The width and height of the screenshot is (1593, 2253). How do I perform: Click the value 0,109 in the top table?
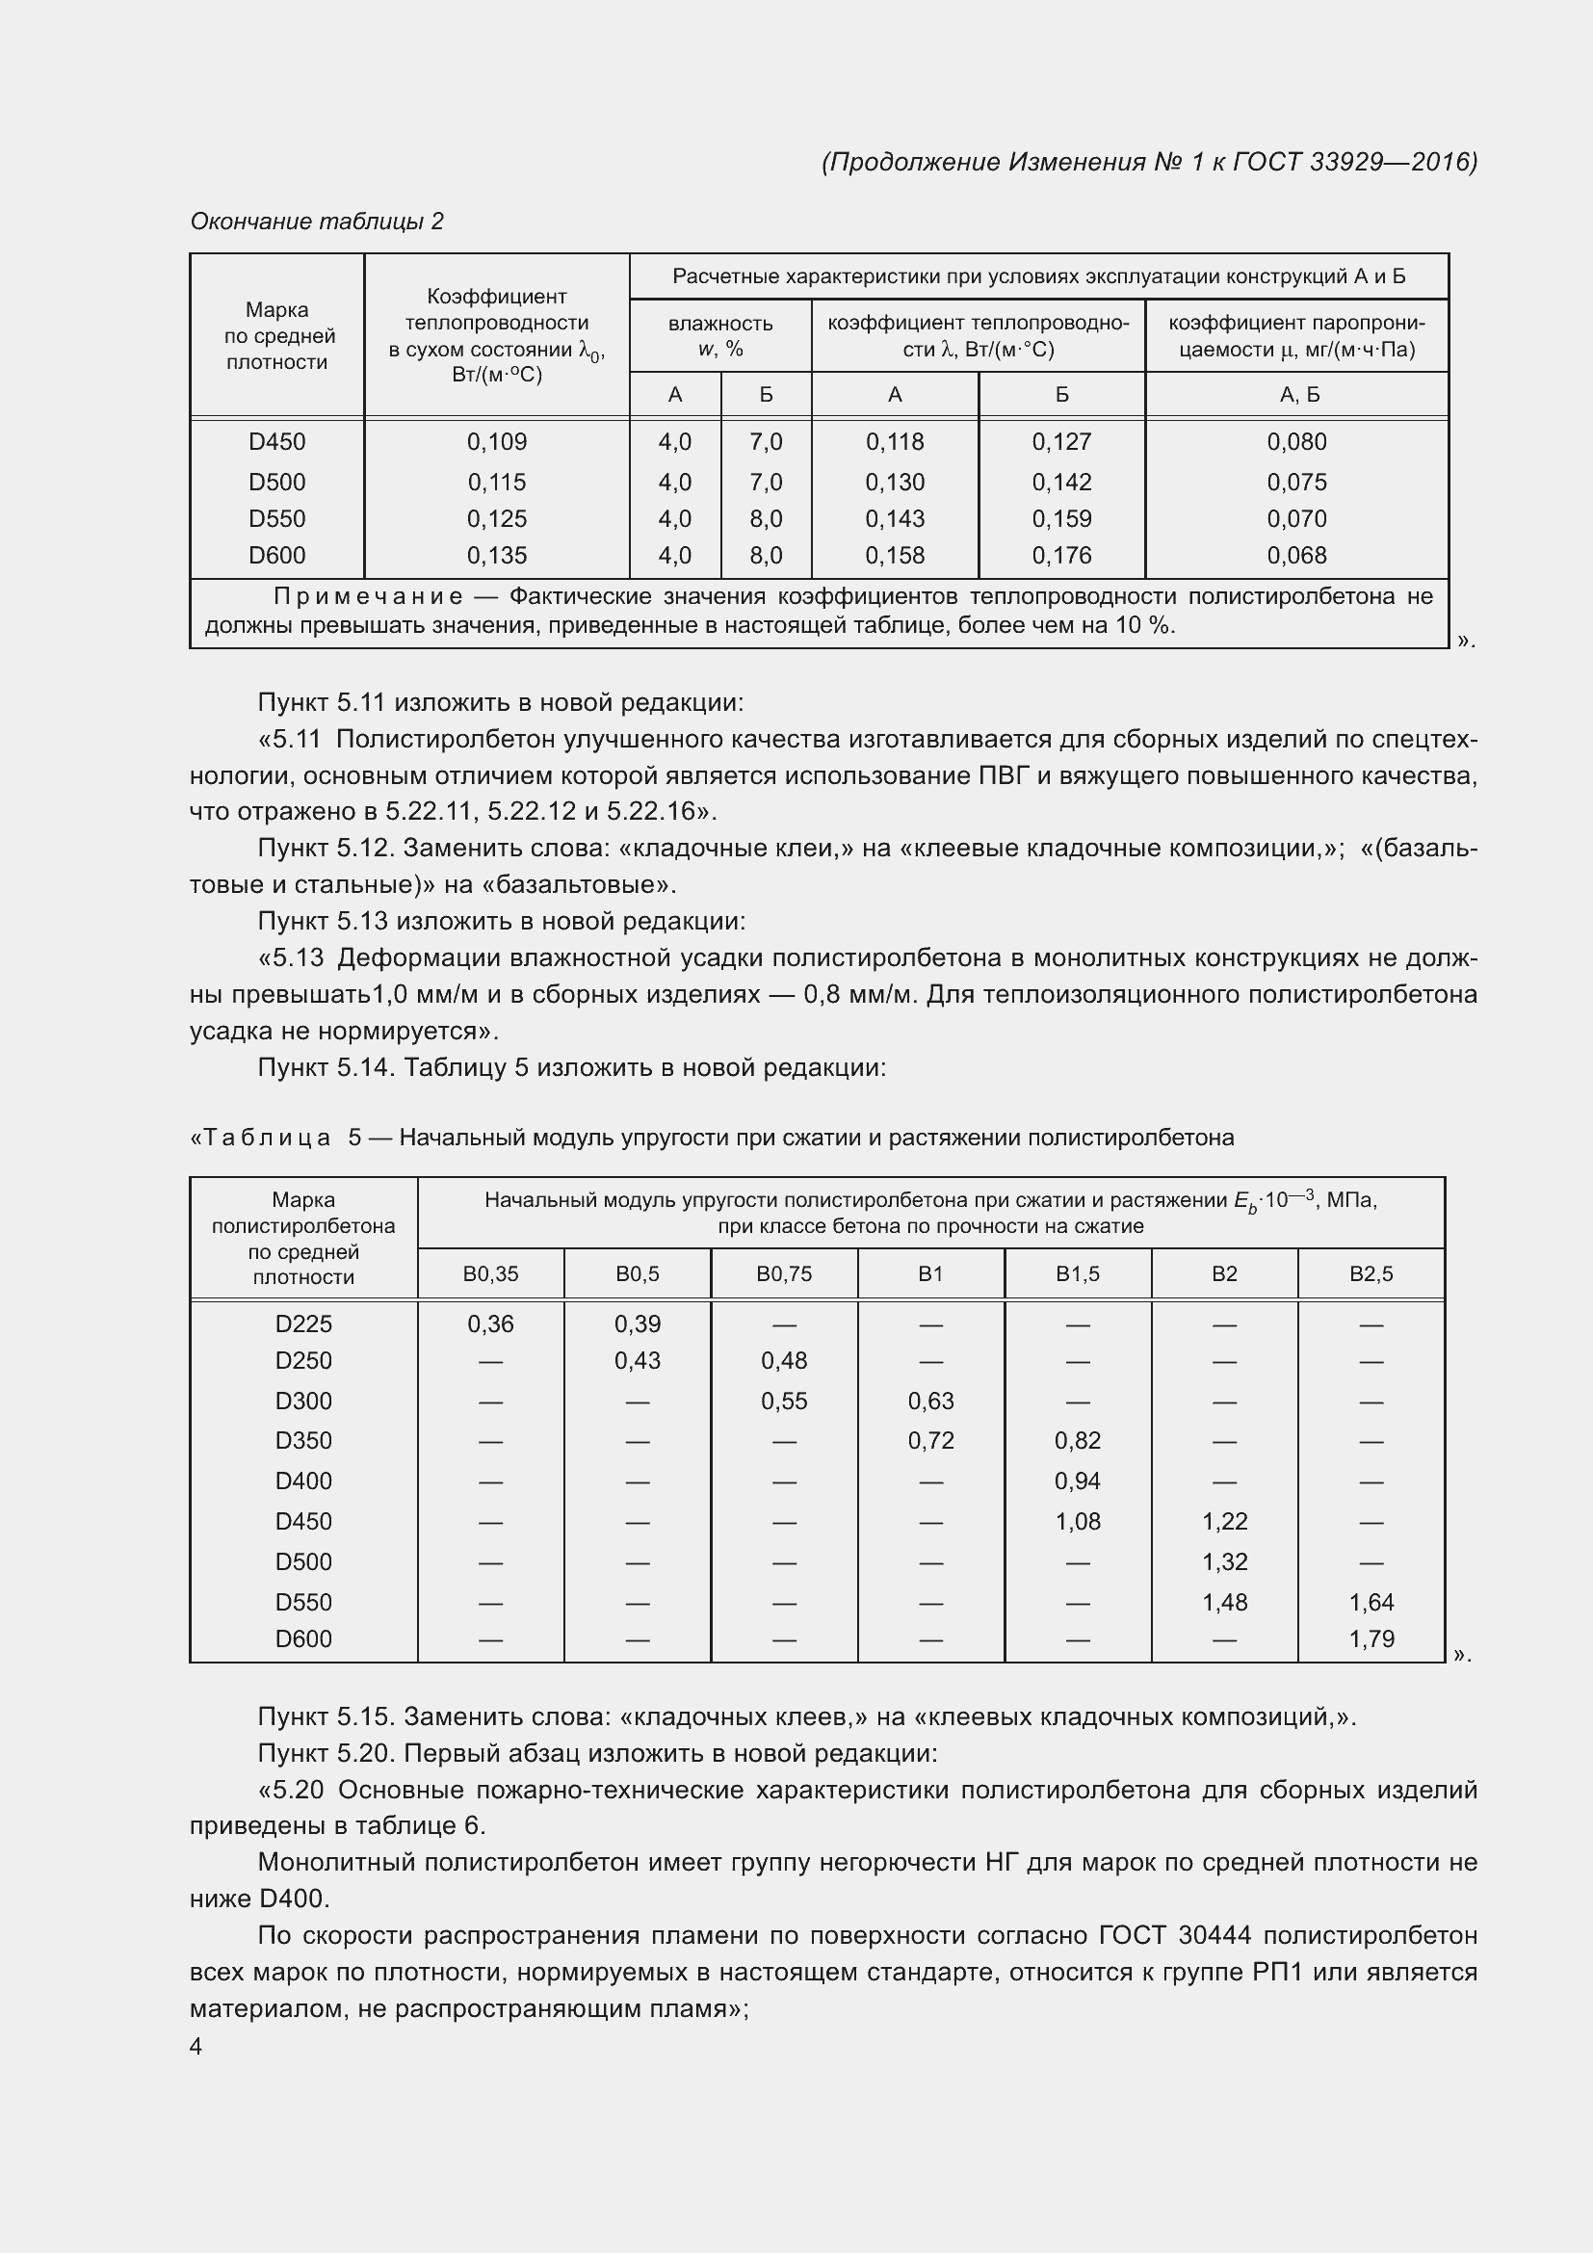(x=496, y=441)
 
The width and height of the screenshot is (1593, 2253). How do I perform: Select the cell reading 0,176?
(x=1061, y=556)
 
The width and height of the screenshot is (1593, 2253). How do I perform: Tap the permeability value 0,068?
(x=1295, y=556)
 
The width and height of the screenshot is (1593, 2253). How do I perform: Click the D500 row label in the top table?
(x=276, y=482)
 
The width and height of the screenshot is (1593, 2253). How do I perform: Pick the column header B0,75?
(x=784, y=1273)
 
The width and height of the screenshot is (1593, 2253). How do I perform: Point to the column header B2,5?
(x=1371, y=1273)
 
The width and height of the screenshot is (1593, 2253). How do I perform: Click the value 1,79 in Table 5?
(x=1371, y=1638)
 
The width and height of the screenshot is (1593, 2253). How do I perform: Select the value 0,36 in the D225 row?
(x=490, y=1323)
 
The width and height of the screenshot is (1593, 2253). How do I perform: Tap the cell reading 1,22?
(x=1224, y=1521)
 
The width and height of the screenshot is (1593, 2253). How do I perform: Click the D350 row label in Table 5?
(x=303, y=1440)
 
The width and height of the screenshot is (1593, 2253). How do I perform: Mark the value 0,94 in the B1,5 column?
(x=1077, y=1480)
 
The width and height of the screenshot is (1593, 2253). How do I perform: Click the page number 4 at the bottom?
(x=196, y=2046)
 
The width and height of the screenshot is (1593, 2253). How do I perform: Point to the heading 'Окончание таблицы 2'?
(x=317, y=222)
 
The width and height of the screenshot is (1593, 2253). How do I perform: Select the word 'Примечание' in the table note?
(x=369, y=595)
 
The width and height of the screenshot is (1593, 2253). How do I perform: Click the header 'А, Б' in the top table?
(x=1299, y=395)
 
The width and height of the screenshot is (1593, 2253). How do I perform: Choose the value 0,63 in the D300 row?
(x=930, y=1401)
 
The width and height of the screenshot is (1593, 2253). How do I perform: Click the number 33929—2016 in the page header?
(x=1392, y=162)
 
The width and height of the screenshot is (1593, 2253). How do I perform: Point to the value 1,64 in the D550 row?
(x=1371, y=1602)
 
